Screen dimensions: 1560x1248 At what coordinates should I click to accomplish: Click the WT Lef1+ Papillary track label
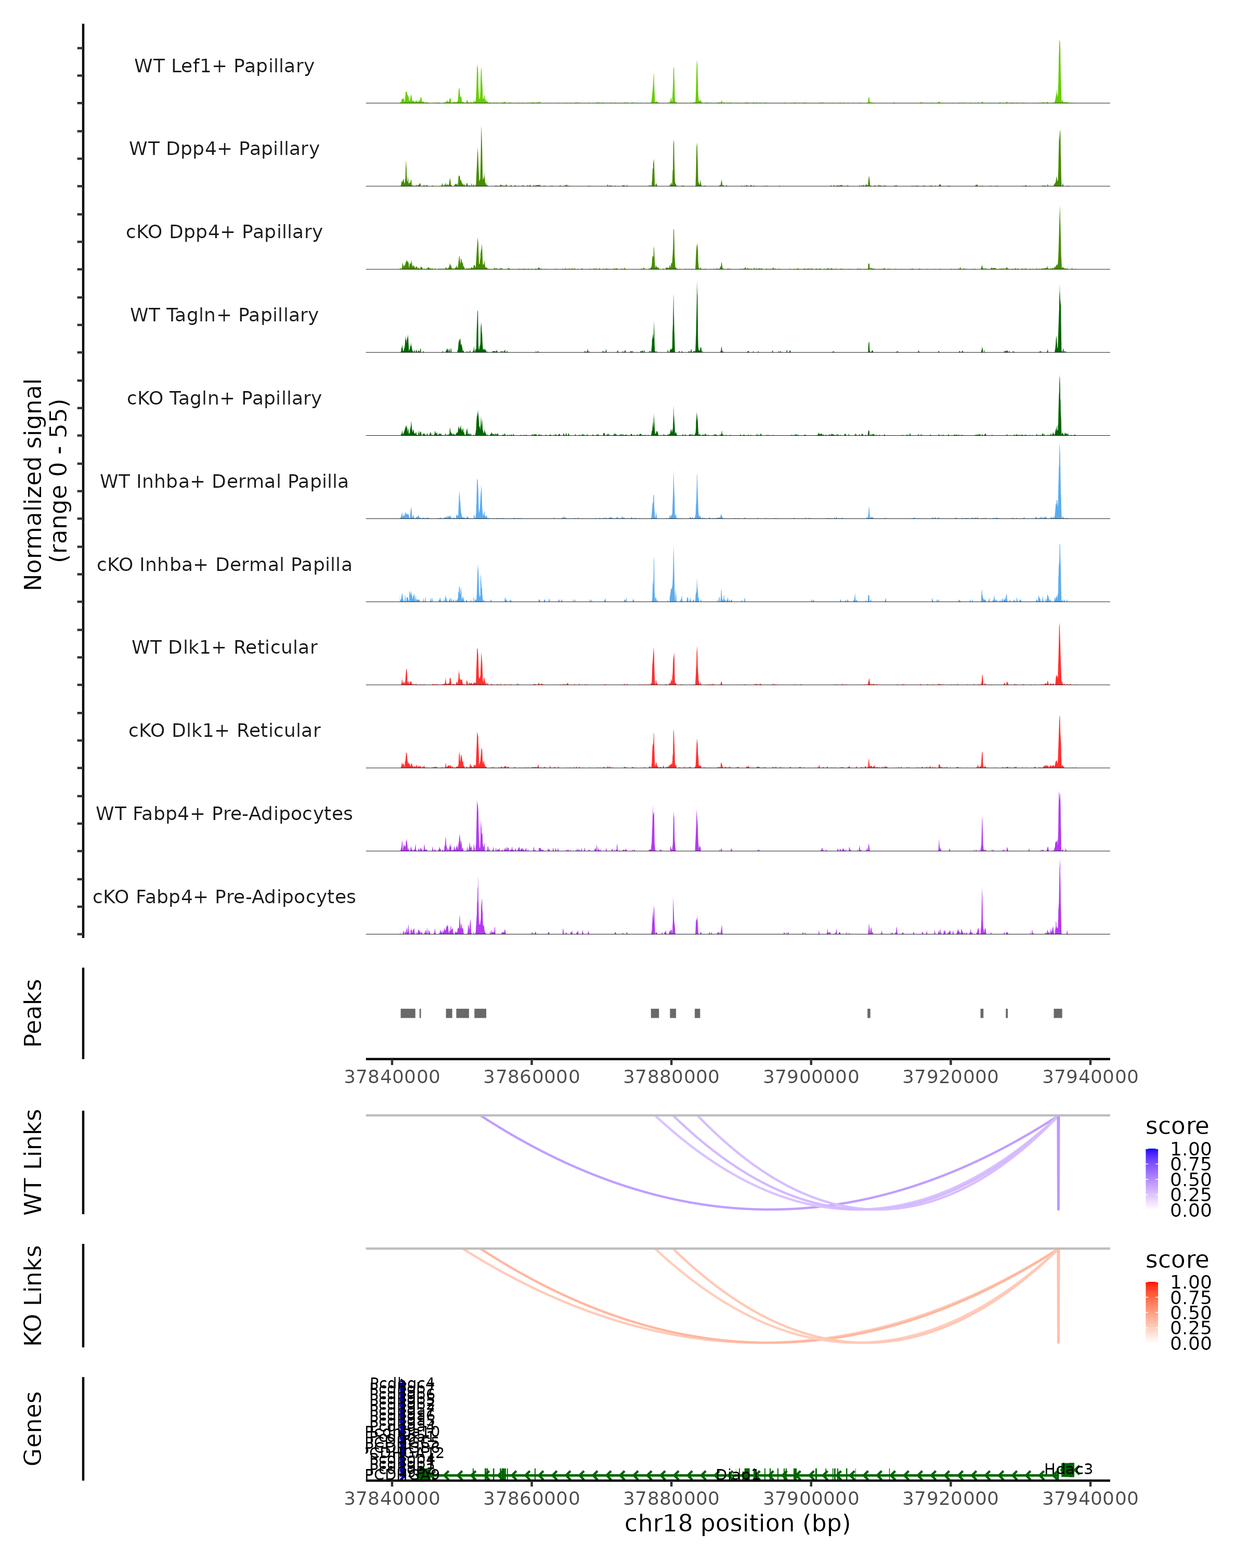click(x=224, y=66)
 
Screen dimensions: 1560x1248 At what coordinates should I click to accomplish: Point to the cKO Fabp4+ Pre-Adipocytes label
click(x=224, y=896)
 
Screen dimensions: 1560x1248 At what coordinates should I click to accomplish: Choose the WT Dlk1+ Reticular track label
click(x=224, y=647)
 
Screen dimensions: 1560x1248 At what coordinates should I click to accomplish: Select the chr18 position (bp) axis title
click(x=737, y=1523)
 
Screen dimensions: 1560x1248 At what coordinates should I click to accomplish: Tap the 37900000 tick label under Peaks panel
click(x=811, y=1077)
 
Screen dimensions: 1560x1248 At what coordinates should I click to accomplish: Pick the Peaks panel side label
click(x=33, y=1012)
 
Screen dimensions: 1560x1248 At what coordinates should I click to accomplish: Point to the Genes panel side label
click(x=33, y=1428)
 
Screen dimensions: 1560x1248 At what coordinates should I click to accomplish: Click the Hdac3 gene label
click(x=1068, y=1469)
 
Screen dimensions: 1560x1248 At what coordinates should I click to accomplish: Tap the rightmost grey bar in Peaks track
click(x=1058, y=1013)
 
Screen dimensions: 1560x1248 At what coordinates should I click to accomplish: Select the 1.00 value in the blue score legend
click(x=1190, y=1149)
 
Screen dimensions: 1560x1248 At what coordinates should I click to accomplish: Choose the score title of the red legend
click(x=1177, y=1260)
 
